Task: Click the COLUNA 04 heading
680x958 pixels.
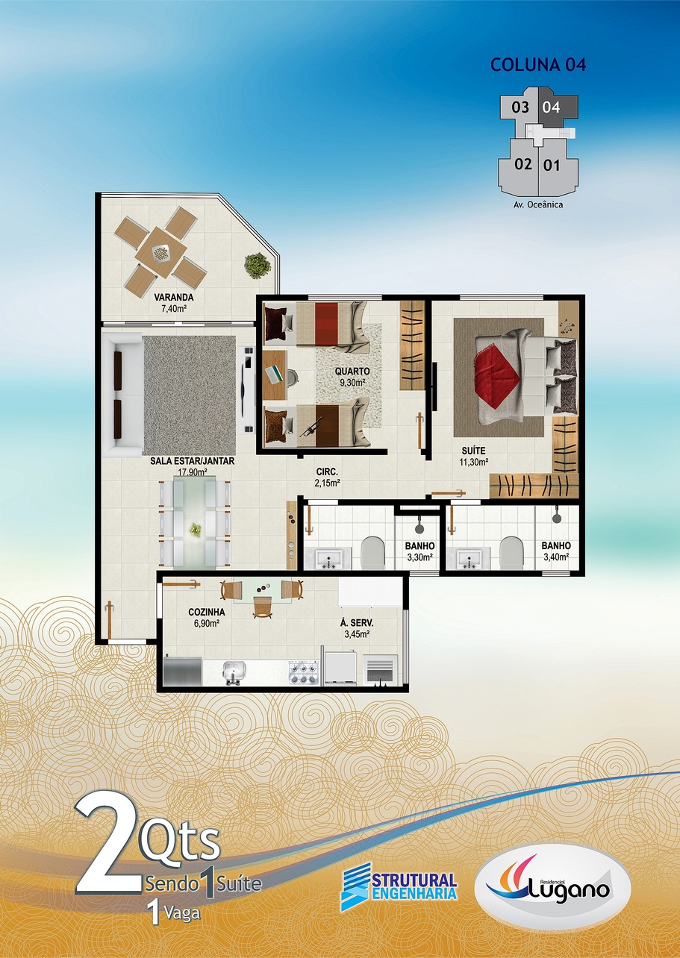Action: [x=538, y=65]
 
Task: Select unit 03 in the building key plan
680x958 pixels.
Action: [x=520, y=107]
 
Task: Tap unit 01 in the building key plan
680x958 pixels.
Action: [x=552, y=165]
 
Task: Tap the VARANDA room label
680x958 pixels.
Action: [x=174, y=297]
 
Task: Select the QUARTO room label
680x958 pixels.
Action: [x=352, y=372]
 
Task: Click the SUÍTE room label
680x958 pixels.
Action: [x=473, y=451]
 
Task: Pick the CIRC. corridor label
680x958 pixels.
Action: [x=328, y=472]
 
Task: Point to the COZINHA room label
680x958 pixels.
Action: [x=207, y=613]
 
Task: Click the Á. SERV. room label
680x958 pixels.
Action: [x=357, y=623]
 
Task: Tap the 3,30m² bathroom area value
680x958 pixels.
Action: [x=419, y=557]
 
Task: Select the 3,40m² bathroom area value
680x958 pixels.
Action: [x=556, y=557]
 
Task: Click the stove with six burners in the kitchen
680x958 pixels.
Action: [x=305, y=673]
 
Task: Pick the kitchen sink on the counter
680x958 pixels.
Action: [x=234, y=673]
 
